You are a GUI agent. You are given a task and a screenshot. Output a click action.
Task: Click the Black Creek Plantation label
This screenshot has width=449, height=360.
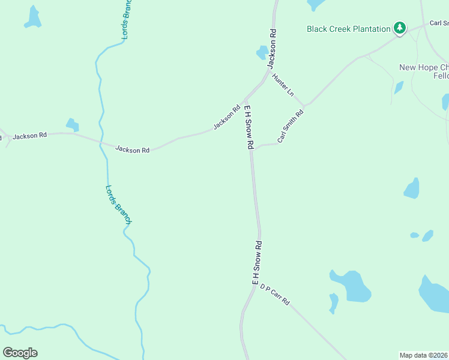[x=348, y=29]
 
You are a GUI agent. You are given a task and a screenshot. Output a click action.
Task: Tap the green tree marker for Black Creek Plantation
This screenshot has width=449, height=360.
[x=399, y=28]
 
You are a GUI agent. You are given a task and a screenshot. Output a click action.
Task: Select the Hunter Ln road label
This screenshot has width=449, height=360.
[x=283, y=85]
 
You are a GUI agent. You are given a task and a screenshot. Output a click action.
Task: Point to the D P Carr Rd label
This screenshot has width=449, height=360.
[x=275, y=295]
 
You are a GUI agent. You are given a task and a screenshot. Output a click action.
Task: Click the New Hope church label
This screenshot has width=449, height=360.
[x=424, y=68]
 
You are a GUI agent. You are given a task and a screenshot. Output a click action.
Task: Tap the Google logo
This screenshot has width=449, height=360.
[x=20, y=353]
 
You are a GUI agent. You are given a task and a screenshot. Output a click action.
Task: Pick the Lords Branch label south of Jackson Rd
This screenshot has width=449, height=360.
[x=118, y=204]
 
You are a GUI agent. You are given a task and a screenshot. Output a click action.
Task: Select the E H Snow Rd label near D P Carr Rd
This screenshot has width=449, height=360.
[x=257, y=263]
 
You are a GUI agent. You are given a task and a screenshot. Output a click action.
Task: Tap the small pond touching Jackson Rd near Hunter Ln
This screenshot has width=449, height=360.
[x=262, y=52]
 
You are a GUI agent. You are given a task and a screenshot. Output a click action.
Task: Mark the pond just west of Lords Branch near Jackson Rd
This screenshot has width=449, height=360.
[x=73, y=125]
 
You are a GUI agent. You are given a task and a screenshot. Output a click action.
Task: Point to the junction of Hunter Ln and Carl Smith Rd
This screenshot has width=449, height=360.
[x=304, y=106]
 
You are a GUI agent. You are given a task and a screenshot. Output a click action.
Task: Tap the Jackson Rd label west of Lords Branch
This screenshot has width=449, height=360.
[x=30, y=136]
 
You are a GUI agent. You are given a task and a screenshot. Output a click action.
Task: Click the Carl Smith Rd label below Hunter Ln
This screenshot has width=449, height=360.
[x=291, y=126]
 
